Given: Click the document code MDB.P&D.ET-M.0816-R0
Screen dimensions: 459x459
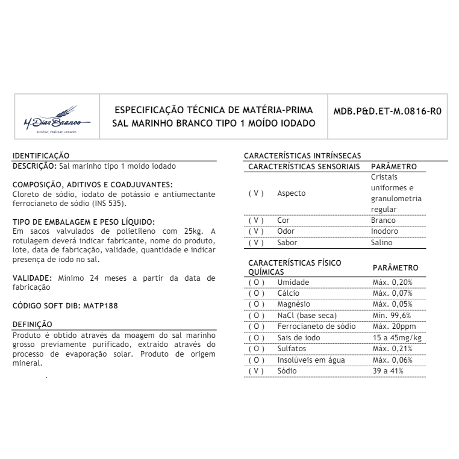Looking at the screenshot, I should [x=392, y=111].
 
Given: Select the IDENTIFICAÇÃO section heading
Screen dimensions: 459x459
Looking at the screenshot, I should [x=41, y=155].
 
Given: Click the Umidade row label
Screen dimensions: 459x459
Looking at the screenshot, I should [x=293, y=282].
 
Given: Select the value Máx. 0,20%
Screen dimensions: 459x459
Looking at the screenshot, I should [x=392, y=282].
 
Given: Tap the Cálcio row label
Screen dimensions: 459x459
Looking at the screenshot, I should [x=289, y=293].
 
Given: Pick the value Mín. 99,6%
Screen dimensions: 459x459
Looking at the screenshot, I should [x=392, y=315].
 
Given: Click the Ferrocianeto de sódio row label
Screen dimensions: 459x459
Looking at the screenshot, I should [x=316, y=326].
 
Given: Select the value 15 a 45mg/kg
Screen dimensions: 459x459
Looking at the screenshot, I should [x=396, y=337].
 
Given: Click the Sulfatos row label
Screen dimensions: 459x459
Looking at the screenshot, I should [x=292, y=349].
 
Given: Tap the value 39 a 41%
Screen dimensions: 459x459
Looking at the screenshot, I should [x=387, y=371].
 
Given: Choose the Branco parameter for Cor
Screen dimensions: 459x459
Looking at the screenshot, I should [x=384, y=220].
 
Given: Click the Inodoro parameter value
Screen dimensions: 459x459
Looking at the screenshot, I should [x=385, y=231].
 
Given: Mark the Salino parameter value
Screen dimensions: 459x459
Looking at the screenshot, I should [x=382, y=243].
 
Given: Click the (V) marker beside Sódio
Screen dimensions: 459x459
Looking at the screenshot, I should [x=256, y=371].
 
